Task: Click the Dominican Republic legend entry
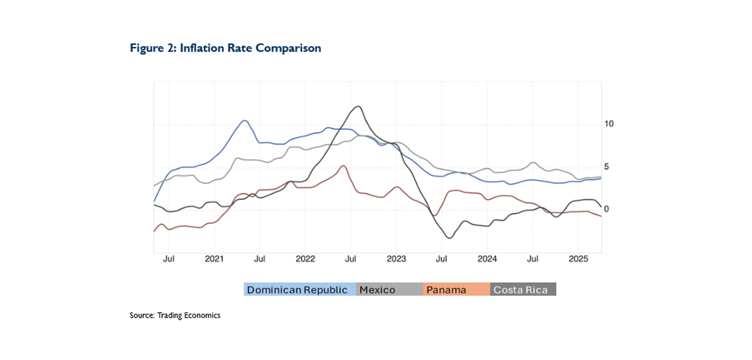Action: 297,290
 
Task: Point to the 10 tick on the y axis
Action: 609,123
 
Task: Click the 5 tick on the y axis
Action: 607,166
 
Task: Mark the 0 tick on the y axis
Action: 607,210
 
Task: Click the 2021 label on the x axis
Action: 214,259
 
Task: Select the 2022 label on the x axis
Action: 305,259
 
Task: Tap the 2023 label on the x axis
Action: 397,259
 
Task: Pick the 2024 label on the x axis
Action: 487,259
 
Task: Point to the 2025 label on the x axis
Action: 578,259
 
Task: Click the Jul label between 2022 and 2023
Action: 351,259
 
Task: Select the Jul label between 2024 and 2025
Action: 533,259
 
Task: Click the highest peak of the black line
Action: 357,107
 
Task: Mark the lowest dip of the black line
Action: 449,238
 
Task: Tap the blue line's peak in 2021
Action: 244,120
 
